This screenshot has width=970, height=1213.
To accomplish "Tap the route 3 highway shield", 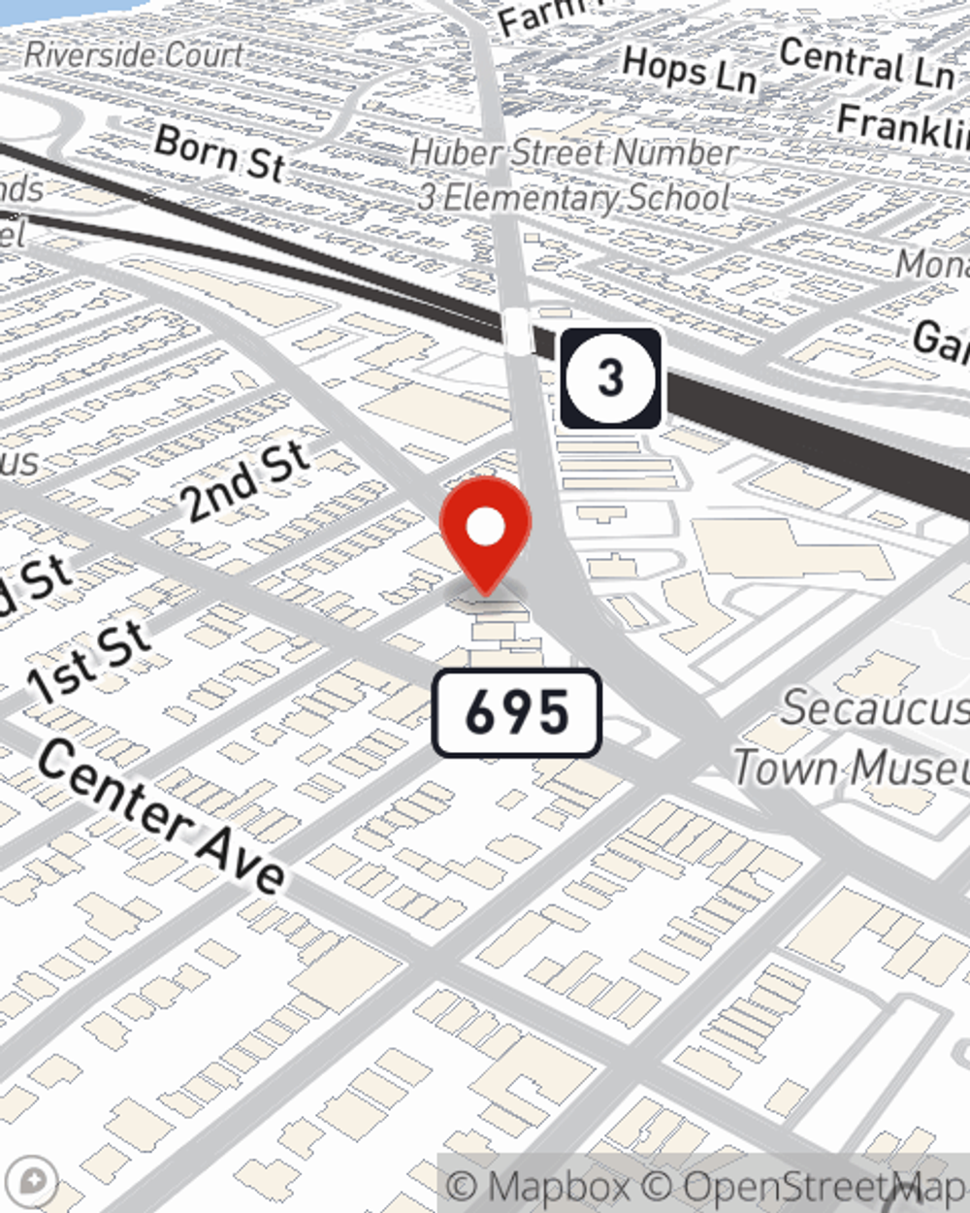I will pyautogui.click(x=610, y=377).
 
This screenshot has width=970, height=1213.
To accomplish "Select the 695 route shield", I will pyautogui.click(x=516, y=713).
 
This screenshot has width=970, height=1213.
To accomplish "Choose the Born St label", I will pyautogui.click(x=219, y=153).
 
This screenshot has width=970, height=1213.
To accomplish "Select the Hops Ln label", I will pyautogui.click(x=689, y=70).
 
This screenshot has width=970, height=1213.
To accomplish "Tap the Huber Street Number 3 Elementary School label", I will pyautogui.click(x=572, y=175).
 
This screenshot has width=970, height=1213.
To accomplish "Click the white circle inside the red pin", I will pyautogui.click(x=486, y=527).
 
